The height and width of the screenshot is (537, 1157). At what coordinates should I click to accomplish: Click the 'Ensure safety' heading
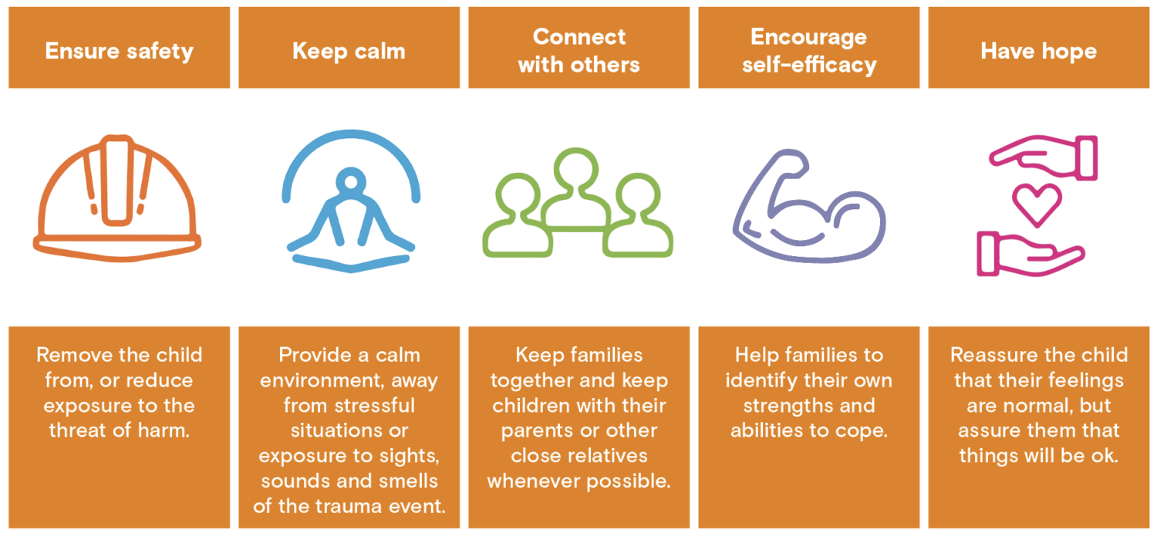click(119, 51)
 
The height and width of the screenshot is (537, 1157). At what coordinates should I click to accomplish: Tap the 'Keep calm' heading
click(349, 51)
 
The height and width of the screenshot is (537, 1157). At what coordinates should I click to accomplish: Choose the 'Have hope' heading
click(1038, 51)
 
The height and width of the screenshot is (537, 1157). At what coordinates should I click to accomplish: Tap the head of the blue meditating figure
click(351, 184)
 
